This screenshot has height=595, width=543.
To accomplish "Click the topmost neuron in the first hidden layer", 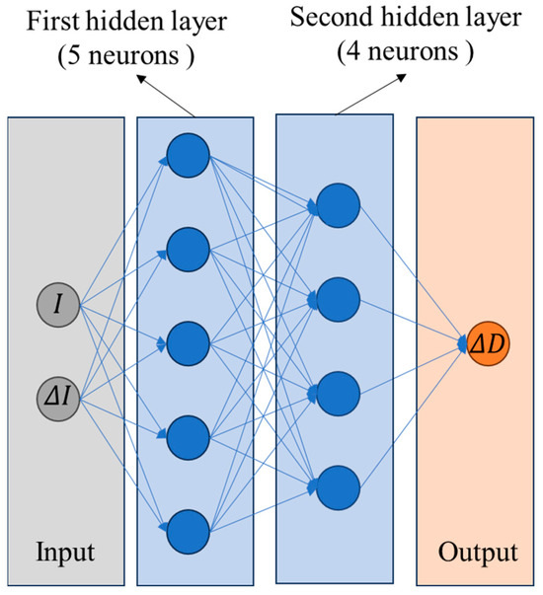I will tap(188, 155).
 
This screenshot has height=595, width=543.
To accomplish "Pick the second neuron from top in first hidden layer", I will tap(188, 249).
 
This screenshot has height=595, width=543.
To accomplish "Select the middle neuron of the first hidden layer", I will tap(188, 342).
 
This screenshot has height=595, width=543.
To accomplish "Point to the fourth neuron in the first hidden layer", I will tap(188, 435).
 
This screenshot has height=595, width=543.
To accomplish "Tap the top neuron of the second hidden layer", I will tap(338, 202).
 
